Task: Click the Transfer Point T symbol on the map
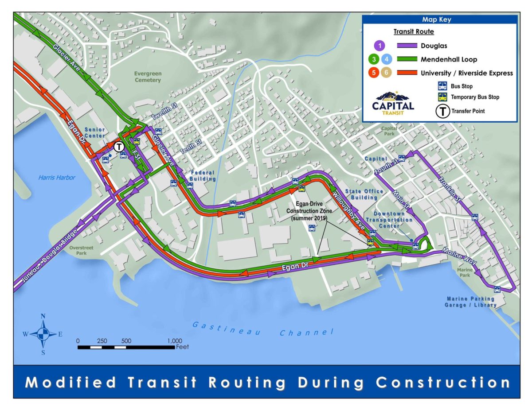pyautogui.click(x=119, y=147)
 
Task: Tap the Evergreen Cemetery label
pyautogui.click(x=148, y=77)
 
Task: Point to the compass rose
pyautogui.click(x=43, y=334)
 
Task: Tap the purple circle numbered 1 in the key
pyautogui.click(x=379, y=45)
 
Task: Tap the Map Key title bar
pyautogui.click(x=439, y=19)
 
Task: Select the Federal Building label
pyautogui.click(x=203, y=176)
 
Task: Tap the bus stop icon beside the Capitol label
pyautogui.click(x=401, y=158)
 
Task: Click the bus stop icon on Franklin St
pyautogui.click(x=475, y=217)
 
